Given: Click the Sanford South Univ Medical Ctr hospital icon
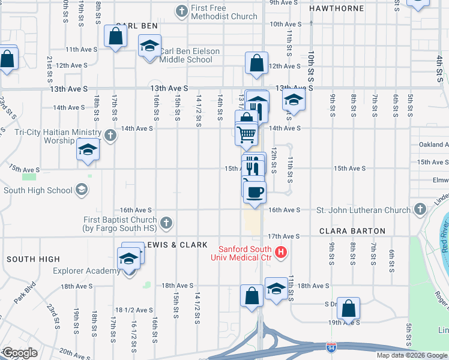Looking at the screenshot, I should (x=280, y=253).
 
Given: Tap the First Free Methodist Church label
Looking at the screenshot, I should (x=224, y=13).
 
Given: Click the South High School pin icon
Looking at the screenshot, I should (x=81, y=191).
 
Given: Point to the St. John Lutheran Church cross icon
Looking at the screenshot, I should (x=420, y=209).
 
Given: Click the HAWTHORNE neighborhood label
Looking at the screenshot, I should (x=336, y=8).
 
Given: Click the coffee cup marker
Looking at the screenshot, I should (x=255, y=190).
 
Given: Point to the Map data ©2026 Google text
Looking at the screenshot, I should (x=411, y=355).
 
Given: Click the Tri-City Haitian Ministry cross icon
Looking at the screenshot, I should (x=110, y=134).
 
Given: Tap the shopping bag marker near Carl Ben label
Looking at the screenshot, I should (x=115, y=36).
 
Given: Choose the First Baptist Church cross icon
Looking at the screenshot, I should (x=166, y=223).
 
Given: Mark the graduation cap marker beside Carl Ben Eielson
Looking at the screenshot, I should (x=150, y=46).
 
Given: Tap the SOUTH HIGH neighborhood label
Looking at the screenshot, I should (x=33, y=259).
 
